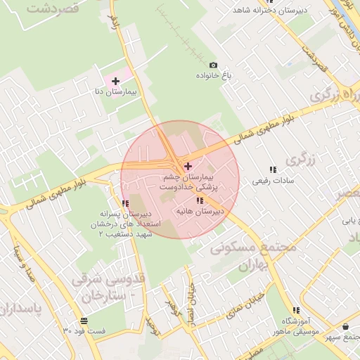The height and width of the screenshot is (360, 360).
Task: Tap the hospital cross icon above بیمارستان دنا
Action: click(115, 81)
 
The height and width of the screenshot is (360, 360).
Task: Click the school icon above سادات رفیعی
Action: click(273, 169)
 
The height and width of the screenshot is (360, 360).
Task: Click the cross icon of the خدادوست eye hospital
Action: click(187, 166)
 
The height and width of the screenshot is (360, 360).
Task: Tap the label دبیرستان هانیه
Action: click(198, 210)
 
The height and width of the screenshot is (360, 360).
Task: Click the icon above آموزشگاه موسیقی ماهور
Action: click(295, 310)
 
